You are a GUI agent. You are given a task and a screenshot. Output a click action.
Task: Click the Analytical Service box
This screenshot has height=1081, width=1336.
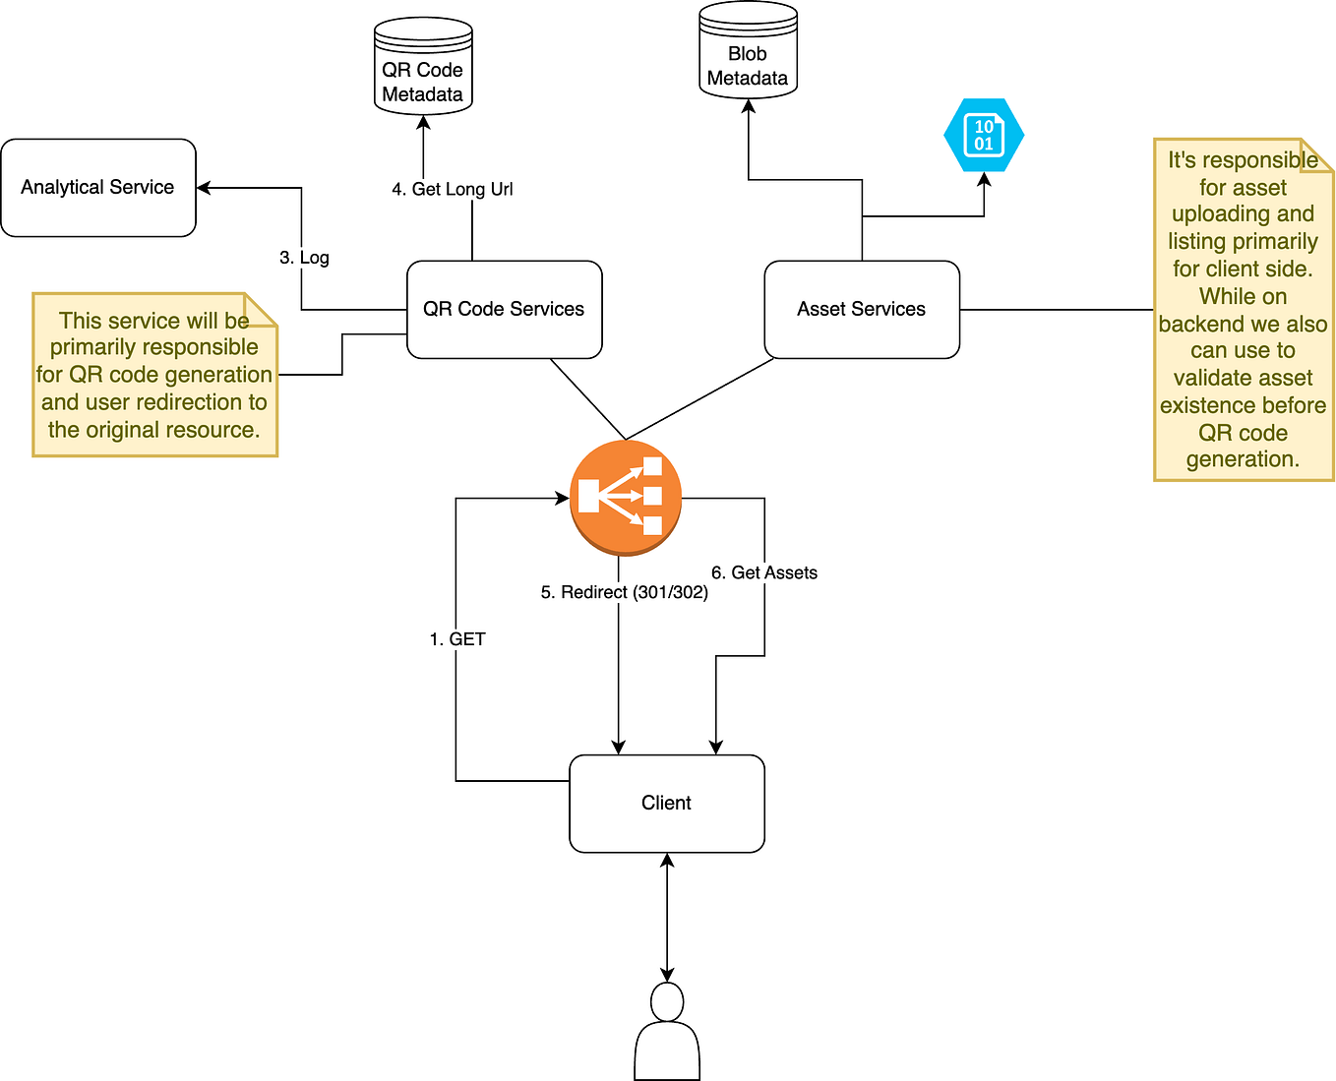(98, 188)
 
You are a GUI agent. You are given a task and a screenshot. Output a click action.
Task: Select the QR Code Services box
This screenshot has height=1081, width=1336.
(504, 310)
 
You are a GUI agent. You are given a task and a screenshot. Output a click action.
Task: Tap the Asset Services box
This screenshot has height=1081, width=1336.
(862, 310)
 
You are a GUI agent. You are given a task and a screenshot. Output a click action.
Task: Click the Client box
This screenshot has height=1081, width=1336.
(667, 804)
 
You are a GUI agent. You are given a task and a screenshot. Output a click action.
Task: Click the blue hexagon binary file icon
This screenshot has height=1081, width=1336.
(984, 136)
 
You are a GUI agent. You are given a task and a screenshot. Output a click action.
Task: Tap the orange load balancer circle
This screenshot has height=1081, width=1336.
(626, 497)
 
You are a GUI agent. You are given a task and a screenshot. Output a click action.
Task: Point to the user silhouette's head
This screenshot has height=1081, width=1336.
(667, 1003)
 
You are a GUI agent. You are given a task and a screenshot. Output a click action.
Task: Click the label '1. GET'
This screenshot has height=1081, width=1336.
(457, 639)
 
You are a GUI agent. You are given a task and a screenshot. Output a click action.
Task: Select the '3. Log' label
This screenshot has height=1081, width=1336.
(304, 258)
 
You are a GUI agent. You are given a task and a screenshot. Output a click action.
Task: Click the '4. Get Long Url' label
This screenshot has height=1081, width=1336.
(453, 189)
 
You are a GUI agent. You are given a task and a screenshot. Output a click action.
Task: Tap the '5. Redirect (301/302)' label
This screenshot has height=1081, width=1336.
(625, 592)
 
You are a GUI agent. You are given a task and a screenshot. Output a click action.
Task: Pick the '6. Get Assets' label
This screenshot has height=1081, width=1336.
(764, 572)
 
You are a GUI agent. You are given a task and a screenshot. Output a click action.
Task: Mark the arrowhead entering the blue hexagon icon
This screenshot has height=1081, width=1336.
(984, 180)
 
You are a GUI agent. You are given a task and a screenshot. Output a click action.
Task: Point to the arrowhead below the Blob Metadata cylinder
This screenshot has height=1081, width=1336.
(749, 106)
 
